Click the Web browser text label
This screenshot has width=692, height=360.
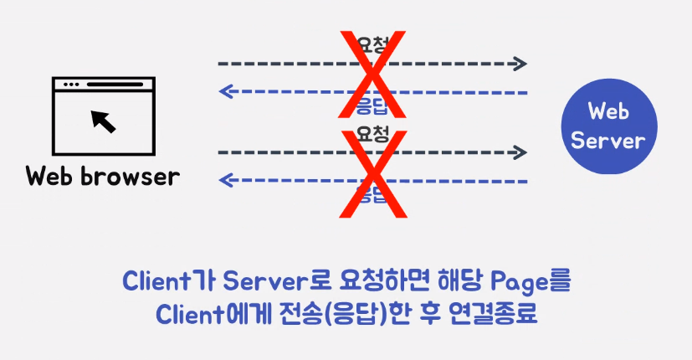tap(102, 177)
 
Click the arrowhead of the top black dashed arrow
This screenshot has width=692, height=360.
tap(521, 64)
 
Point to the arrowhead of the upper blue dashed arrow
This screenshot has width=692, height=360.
tap(224, 91)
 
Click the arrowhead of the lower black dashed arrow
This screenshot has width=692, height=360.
tap(521, 152)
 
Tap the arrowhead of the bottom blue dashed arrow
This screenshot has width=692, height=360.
tap(224, 180)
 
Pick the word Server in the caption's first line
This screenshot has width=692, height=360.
tap(260, 280)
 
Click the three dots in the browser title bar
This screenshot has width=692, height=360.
tap(69, 85)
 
